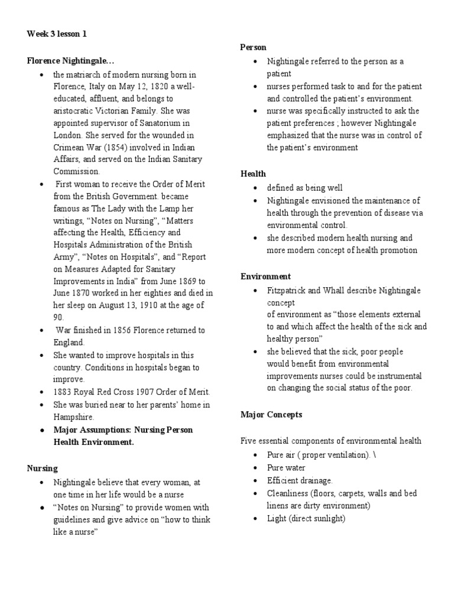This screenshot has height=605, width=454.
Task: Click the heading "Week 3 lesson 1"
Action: pos(57,34)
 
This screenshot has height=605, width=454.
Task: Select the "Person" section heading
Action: pos(253,47)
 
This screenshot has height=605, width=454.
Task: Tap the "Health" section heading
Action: pos(253,174)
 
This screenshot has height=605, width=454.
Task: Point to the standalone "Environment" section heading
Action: pos(265,277)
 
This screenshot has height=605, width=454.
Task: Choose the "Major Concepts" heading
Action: pos(271,415)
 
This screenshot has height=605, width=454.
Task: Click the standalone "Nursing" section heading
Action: pos(42,469)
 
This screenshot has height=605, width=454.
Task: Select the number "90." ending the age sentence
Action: pos(59,317)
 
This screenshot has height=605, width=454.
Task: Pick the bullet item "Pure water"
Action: pos(287,468)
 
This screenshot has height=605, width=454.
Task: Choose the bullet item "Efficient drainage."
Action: pos(300,480)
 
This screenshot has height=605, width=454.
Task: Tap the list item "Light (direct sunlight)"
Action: pos(306,518)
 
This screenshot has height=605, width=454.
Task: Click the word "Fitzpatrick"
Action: pos(287,291)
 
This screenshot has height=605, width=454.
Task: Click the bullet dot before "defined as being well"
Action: pos(254,188)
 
